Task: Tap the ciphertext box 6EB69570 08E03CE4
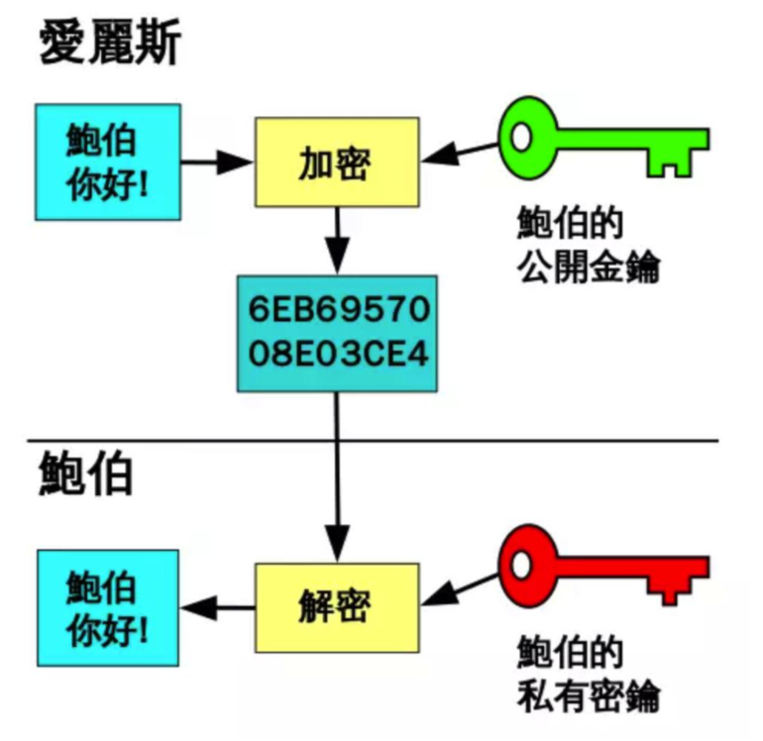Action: point(337,332)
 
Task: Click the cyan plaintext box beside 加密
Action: point(108,160)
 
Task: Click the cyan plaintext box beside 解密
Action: point(108,606)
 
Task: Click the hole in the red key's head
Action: point(522,565)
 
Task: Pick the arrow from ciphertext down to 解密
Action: point(337,476)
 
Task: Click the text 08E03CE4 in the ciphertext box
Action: point(337,354)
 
